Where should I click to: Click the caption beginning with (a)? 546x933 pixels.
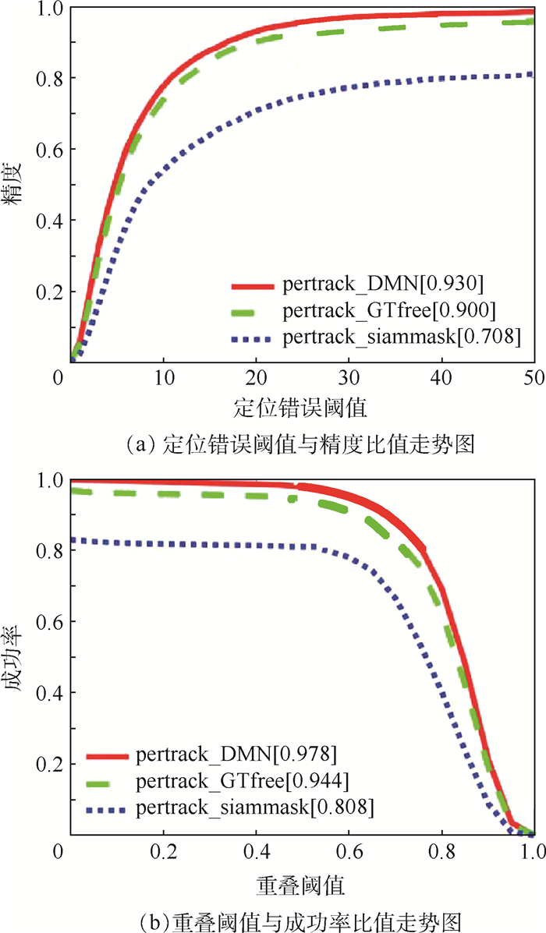click(x=300, y=445)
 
